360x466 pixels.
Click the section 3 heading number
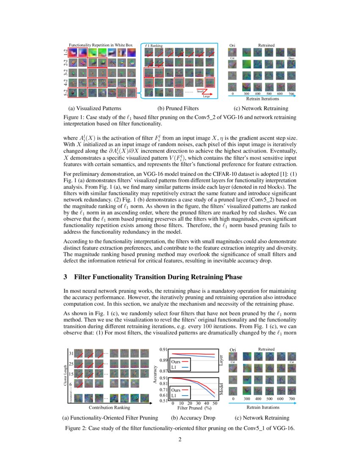point(66,277)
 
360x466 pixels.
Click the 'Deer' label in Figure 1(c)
point(291,58)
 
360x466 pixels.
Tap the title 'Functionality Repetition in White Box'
point(101,44)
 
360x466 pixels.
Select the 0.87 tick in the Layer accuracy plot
point(164,371)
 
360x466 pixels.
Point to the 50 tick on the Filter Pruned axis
point(215,403)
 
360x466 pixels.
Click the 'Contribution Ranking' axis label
point(106,408)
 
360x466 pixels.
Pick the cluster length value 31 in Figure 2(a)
point(72,353)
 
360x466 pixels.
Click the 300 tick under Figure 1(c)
point(246,93)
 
